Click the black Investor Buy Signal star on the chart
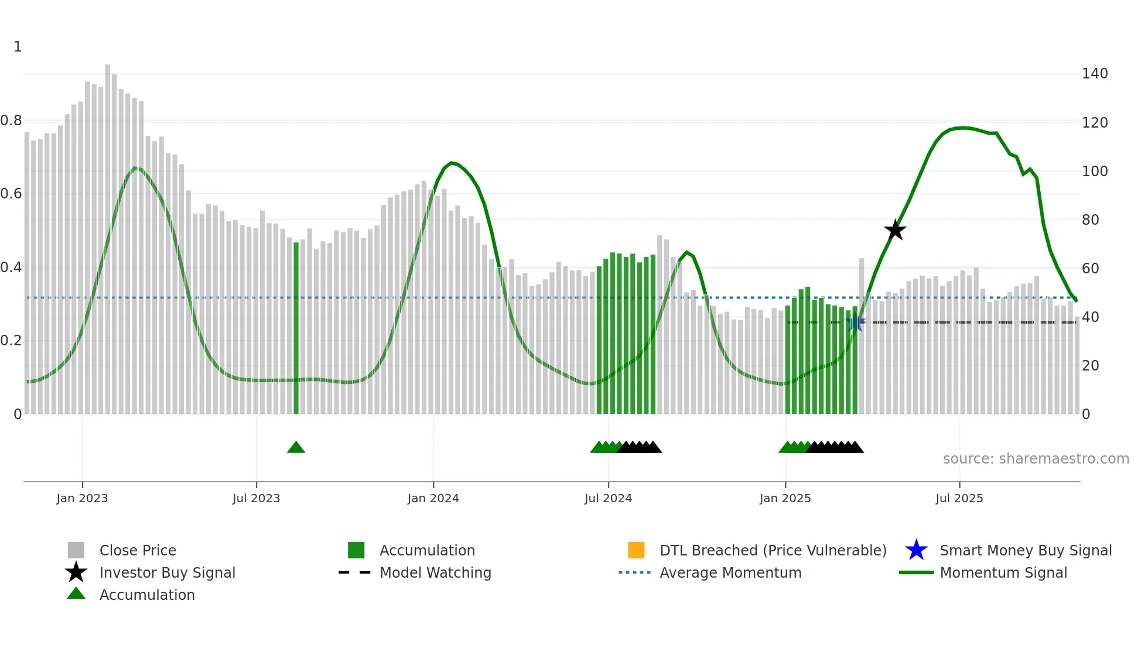(x=895, y=231)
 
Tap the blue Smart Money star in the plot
(x=855, y=322)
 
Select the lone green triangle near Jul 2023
(x=296, y=448)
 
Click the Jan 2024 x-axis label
(x=433, y=498)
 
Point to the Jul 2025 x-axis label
(x=959, y=498)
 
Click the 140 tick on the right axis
(x=1094, y=74)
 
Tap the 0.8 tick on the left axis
(x=11, y=121)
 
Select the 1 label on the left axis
(x=18, y=47)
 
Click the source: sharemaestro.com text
(x=1036, y=459)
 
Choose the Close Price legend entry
(x=137, y=550)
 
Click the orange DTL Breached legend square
(x=636, y=550)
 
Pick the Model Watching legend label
(x=435, y=572)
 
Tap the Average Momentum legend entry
(x=730, y=572)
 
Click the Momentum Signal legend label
(x=1003, y=572)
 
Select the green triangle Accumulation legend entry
(x=146, y=595)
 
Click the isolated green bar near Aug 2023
(x=296, y=328)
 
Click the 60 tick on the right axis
(x=1090, y=269)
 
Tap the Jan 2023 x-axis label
(x=82, y=498)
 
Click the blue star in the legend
(x=916, y=550)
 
